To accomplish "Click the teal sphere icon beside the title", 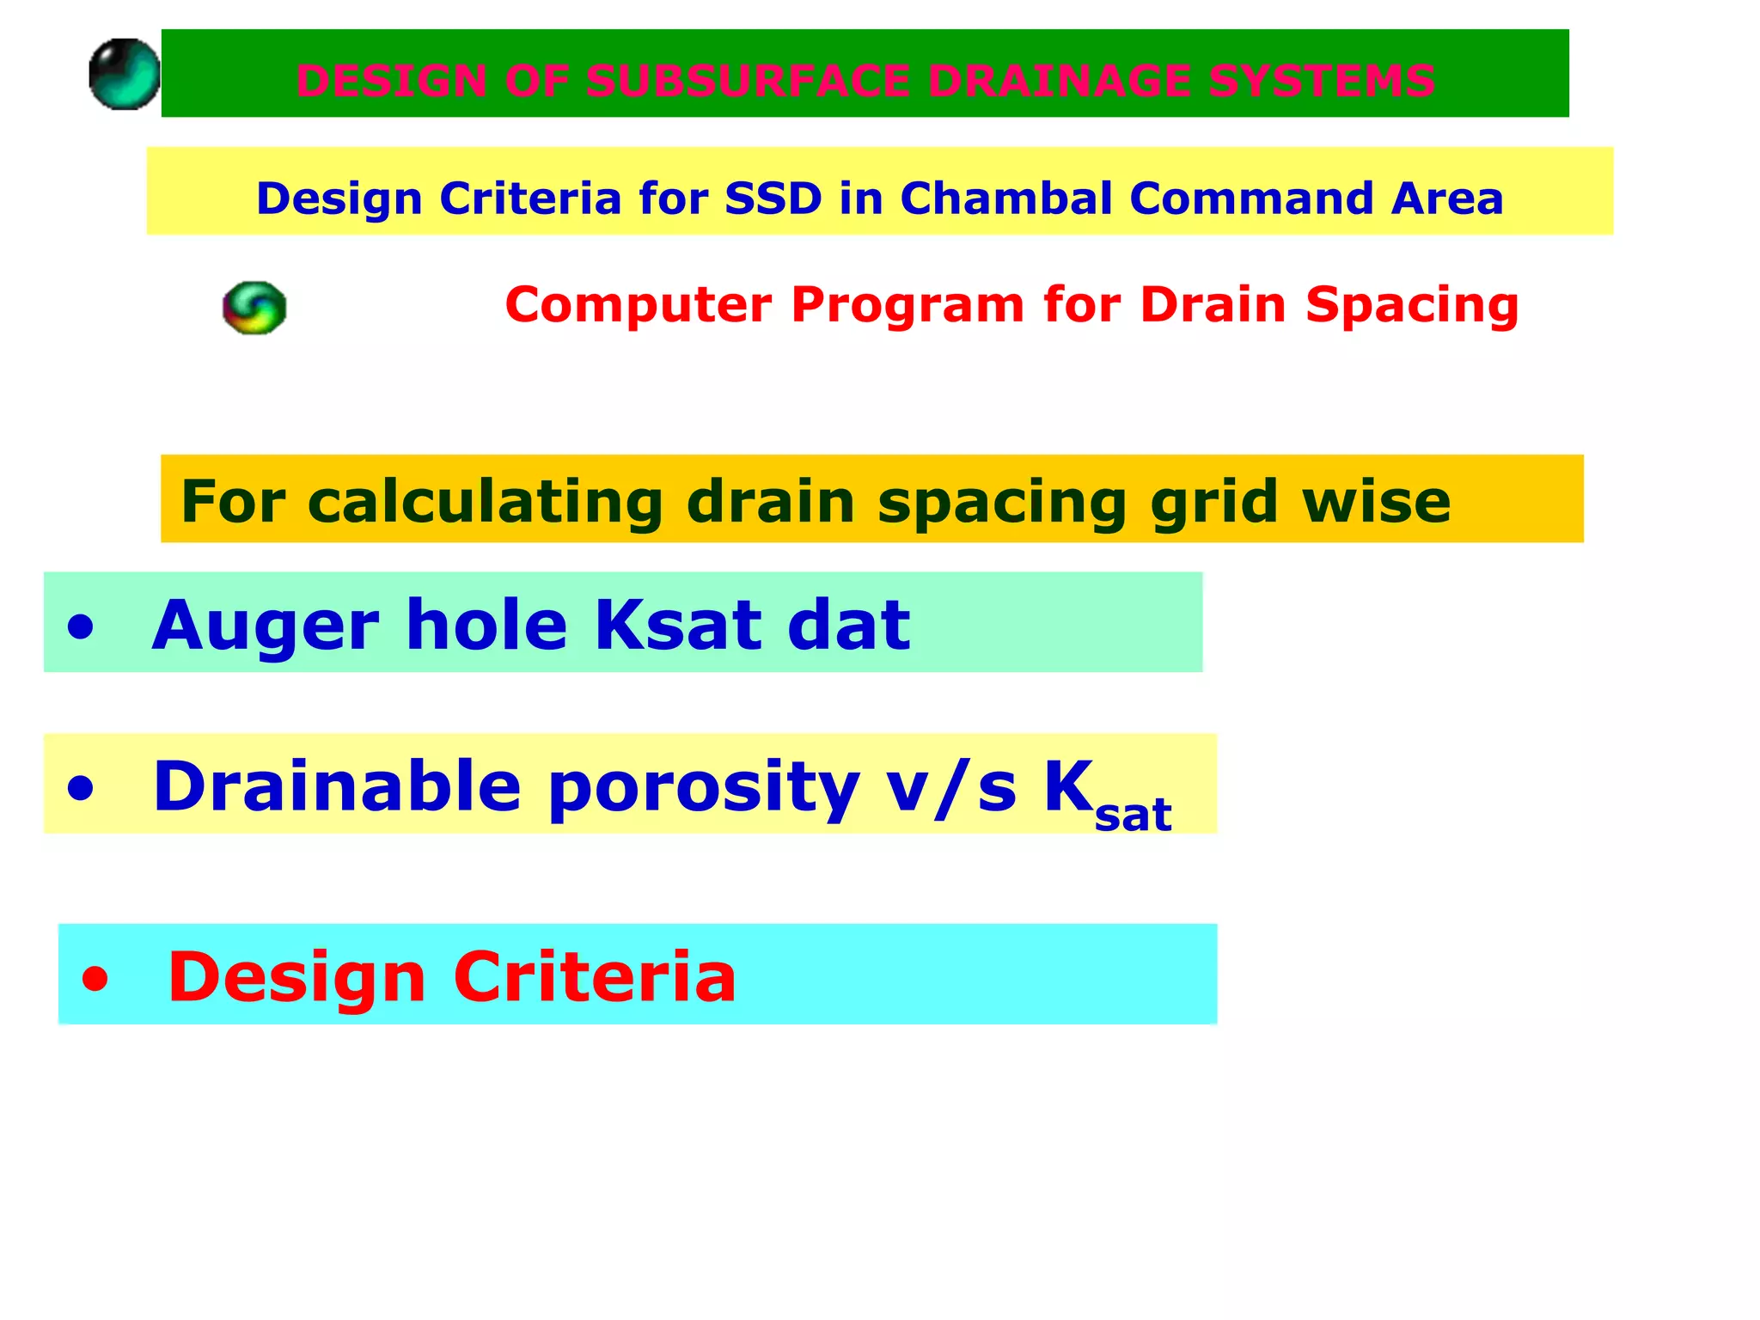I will click(125, 74).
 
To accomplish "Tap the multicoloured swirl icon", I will click(254, 308).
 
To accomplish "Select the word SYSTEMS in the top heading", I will click(1321, 81).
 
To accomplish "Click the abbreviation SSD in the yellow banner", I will click(773, 199).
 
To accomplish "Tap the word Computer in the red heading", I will click(639, 305).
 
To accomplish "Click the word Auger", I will click(265, 626).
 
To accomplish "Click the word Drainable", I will click(337, 786).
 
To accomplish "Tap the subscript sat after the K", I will click(1133, 816).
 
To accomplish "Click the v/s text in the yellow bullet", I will click(951, 786).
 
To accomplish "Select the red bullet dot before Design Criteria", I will click(95, 979).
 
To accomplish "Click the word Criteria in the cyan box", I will click(595, 977).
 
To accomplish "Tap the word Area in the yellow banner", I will click(1447, 199).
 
